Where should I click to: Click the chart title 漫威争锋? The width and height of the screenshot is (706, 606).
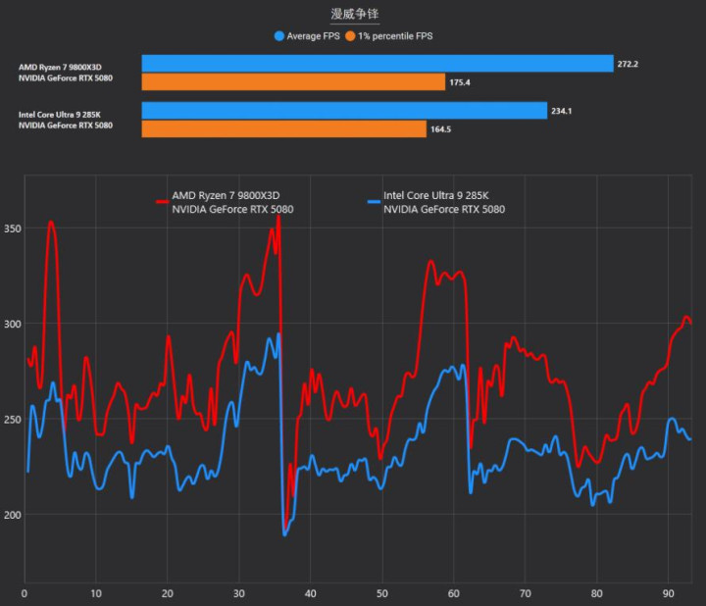(x=354, y=14)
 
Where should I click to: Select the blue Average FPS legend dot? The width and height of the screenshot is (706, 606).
(x=279, y=36)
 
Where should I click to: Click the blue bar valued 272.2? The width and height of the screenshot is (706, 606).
(x=378, y=64)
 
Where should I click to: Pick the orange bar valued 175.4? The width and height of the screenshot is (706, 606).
(x=293, y=82)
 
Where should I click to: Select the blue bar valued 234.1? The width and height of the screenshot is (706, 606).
(x=344, y=111)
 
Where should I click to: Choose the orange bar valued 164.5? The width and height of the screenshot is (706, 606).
(x=284, y=129)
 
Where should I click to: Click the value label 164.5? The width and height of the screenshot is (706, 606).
(x=442, y=129)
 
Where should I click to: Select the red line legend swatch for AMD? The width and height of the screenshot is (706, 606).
(x=162, y=201)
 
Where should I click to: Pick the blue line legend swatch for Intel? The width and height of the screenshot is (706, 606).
(x=373, y=201)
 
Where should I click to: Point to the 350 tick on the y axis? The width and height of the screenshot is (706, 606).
(x=11, y=228)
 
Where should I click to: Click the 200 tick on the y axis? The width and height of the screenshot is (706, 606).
(x=11, y=515)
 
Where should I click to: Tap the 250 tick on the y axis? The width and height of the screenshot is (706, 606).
(x=11, y=420)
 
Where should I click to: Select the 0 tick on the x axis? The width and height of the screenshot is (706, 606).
(x=25, y=593)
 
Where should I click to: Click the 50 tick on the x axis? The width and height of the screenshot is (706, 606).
(x=381, y=593)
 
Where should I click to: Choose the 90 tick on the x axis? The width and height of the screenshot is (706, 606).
(x=667, y=593)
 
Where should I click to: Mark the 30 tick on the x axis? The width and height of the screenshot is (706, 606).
(x=238, y=593)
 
